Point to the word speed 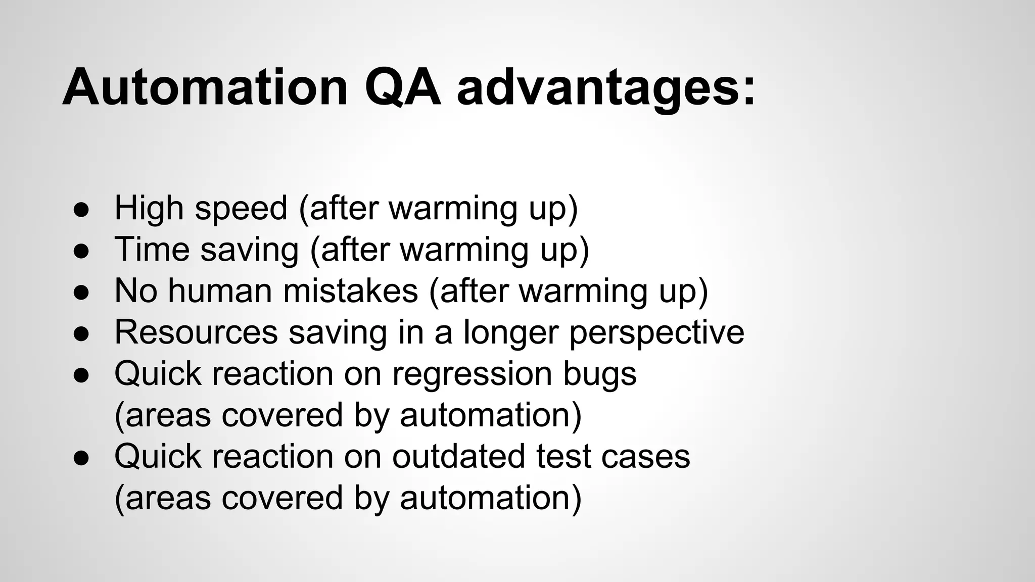pyautogui.click(x=241, y=209)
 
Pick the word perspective pyautogui.click(x=656, y=333)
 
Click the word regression pyautogui.click(x=472, y=375)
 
